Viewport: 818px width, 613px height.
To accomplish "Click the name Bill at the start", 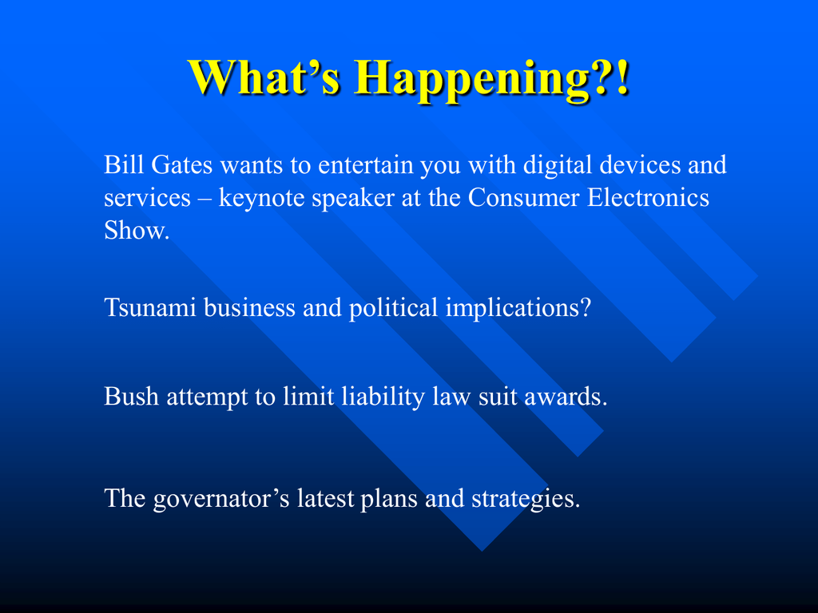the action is pyautogui.click(x=122, y=164).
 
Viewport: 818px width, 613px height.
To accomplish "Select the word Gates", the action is pyautogui.click(x=181, y=164).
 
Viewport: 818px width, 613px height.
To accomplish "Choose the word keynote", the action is pyautogui.click(x=261, y=198).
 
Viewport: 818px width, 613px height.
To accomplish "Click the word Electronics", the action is pyautogui.click(x=648, y=198).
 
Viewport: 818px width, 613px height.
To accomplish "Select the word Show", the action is pyautogui.click(x=137, y=230).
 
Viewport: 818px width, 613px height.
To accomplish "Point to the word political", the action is pyautogui.click(x=393, y=307).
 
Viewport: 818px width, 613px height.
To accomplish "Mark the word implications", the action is pyautogui.click(x=518, y=307).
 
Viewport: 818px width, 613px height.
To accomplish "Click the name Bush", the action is pyautogui.click(x=132, y=396).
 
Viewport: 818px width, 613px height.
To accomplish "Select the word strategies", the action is pyautogui.click(x=526, y=499).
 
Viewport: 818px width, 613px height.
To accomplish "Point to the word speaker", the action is pyautogui.click(x=353, y=198).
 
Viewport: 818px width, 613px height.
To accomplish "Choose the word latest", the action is pyautogui.click(x=326, y=498).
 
